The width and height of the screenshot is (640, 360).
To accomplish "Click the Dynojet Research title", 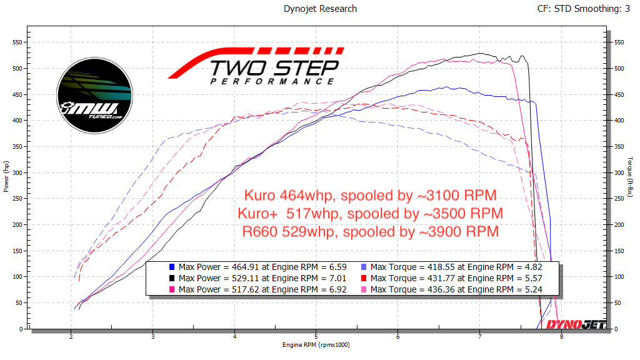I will point(319,9).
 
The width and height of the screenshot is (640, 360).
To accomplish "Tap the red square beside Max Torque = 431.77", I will point(364,278).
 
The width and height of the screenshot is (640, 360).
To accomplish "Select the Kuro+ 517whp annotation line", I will point(370,213).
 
